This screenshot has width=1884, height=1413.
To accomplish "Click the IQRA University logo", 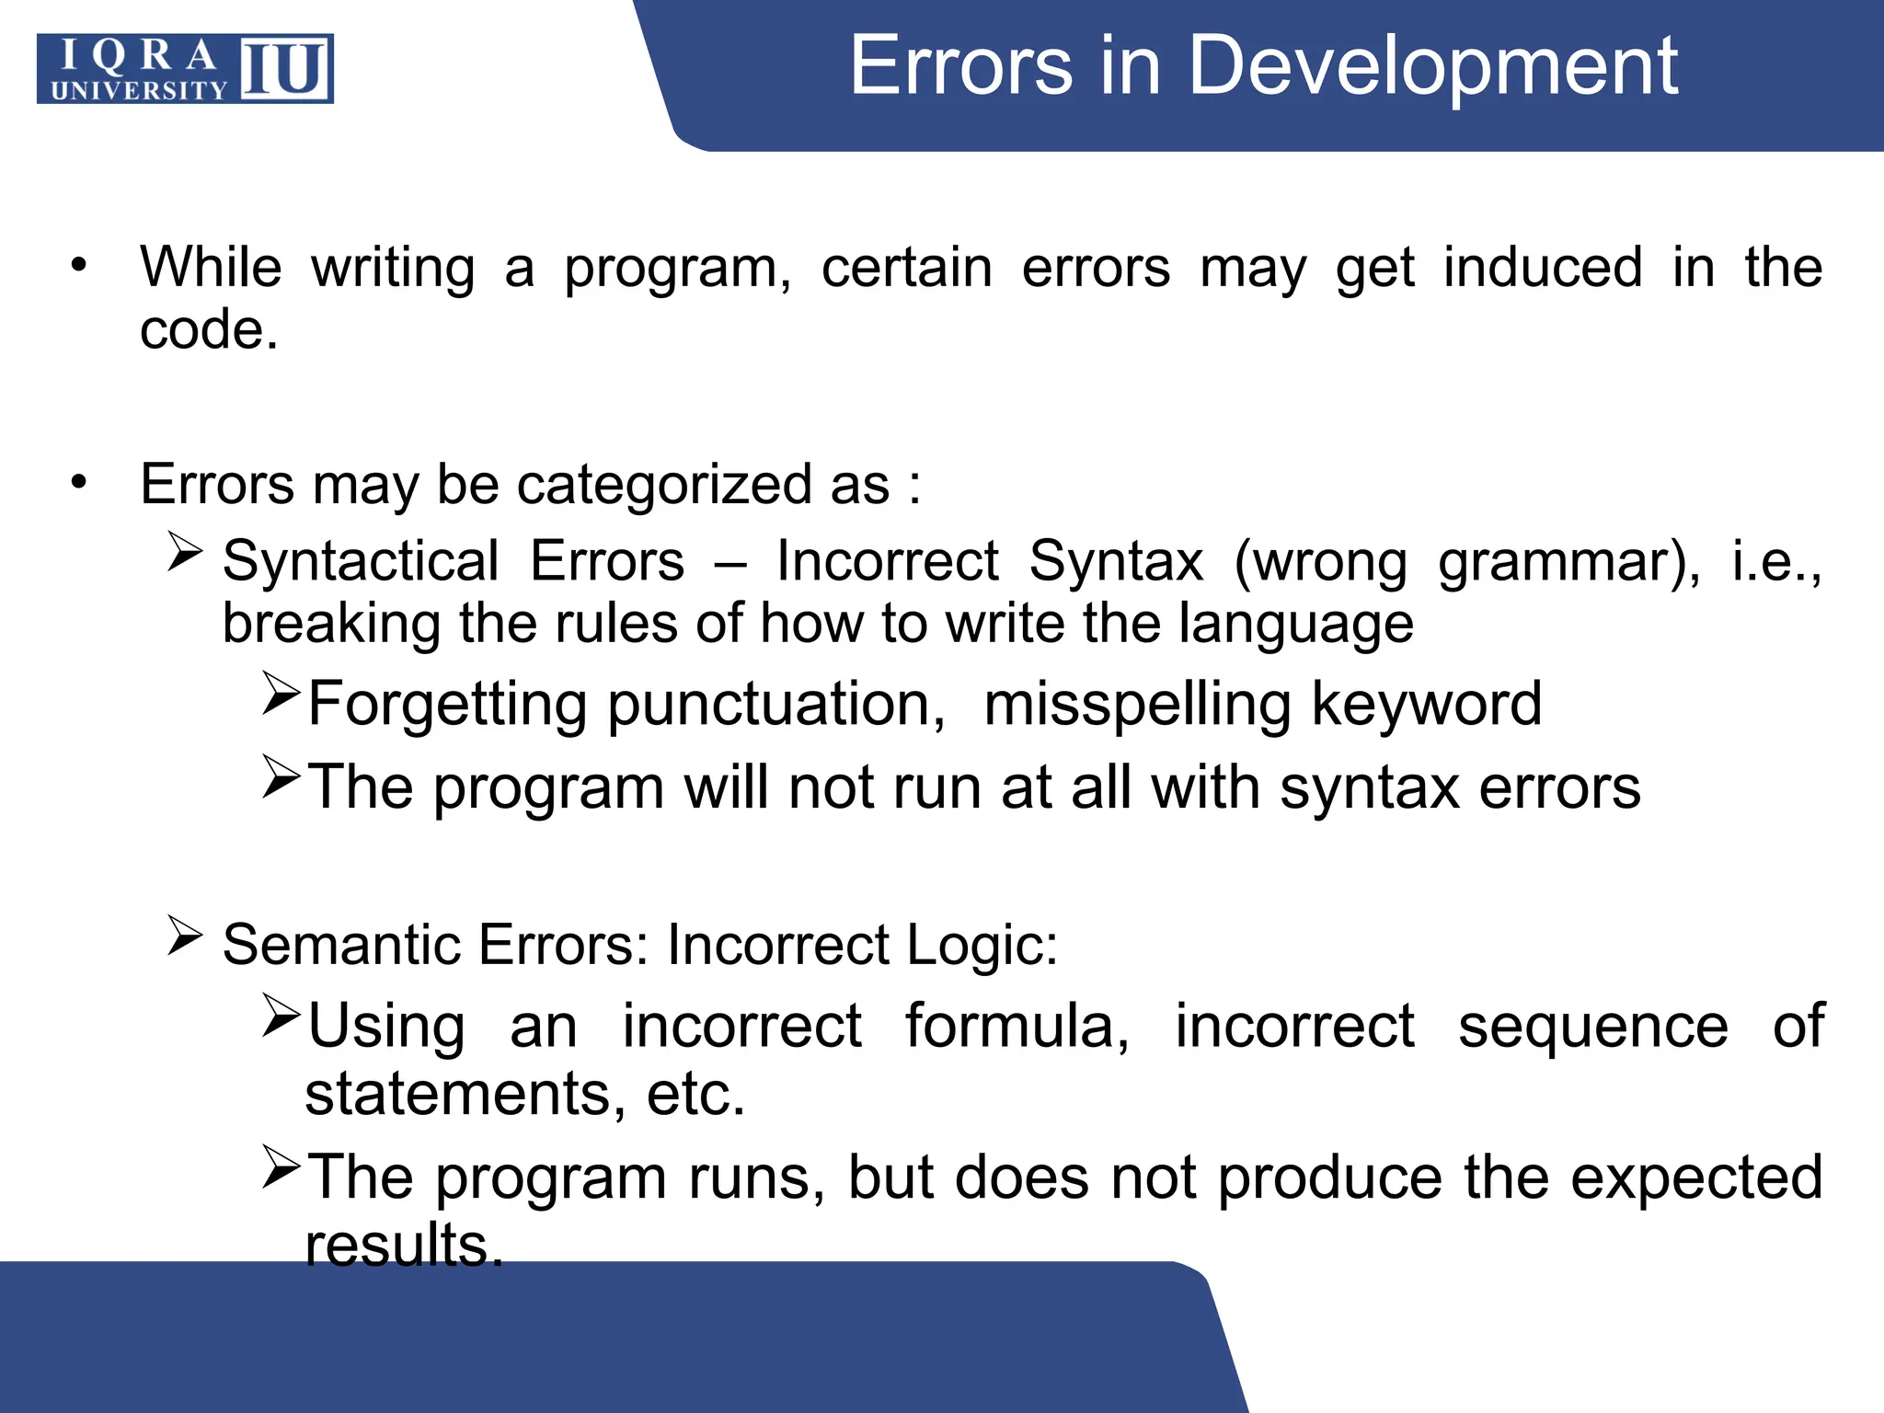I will click(x=185, y=69).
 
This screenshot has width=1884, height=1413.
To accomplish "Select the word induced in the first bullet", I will click(x=1543, y=268).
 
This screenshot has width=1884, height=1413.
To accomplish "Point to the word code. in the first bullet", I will click(x=209, y=330).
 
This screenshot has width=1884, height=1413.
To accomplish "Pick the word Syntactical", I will click(x=361, y=561).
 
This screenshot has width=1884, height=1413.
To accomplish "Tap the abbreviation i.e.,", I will click(x=1775, y=561).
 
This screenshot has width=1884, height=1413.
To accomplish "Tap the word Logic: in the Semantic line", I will click(x=982, y=945).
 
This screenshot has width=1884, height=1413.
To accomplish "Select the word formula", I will click(x=1017, y=1026).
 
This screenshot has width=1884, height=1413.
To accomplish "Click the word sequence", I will click(x=1592, y=1027).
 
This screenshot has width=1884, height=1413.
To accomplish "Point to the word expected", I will click(x=1695, y=1178).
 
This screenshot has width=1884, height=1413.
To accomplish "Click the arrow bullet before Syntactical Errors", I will click(x=185, y=552).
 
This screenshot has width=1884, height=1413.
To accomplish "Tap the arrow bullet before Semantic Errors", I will click(x=185, y=936).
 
